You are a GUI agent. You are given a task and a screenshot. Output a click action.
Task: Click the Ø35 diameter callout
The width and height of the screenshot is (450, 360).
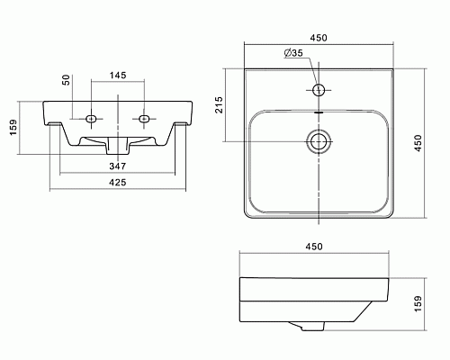tap(293, 53)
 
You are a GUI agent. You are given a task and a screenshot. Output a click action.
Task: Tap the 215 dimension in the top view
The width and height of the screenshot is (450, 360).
tap(220, 104)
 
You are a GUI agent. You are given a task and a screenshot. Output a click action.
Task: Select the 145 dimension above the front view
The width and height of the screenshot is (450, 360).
tap(118, 75)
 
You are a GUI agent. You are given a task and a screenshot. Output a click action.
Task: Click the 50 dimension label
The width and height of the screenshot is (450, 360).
tap(67, 80)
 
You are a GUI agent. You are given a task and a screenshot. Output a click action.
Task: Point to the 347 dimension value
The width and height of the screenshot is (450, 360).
tap(118, 166)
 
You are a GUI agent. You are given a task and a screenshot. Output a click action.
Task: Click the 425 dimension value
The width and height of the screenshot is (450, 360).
tap(118, 182)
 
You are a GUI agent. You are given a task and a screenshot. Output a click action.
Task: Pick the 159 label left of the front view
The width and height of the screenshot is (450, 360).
tap(13, 128)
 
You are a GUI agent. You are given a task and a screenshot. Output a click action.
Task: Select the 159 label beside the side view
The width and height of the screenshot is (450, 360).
tap(418, 303)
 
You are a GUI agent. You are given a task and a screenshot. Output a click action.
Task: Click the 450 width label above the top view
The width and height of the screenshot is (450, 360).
tap(319, 38)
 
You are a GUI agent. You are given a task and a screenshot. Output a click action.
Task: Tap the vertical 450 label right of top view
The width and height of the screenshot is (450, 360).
tap(418, 143)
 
